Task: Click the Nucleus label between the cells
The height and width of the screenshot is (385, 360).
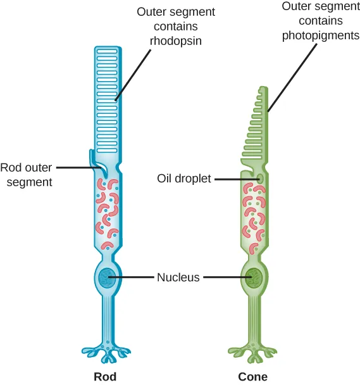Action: pos(178,277)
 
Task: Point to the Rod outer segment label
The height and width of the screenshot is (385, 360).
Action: pos(26,175)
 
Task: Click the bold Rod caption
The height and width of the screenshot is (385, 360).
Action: pos(105,377)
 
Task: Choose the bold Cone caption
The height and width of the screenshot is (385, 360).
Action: pos(252,377)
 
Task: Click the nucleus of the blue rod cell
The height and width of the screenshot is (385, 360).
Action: pos(106,277)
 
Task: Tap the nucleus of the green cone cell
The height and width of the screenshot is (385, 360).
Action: pos(254,277)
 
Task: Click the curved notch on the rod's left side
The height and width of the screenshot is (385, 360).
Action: pos(96,163)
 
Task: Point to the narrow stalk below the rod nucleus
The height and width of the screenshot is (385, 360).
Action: pos(106,317)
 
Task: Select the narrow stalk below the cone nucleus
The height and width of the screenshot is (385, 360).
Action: pos(254,317)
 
